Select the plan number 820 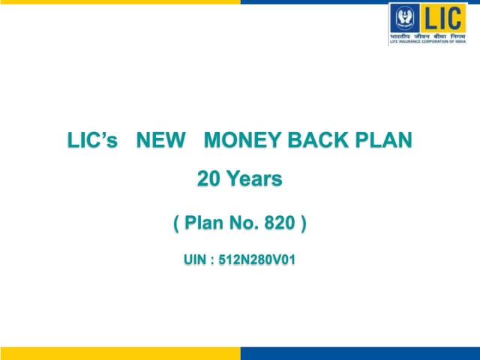click(277, 223)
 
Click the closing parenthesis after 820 click(303, 223)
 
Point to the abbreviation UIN click(196, 260)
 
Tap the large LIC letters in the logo click(442, 18)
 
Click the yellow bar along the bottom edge click(120, 353)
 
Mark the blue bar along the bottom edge click(360, 353)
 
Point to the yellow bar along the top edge click(120, 2)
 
